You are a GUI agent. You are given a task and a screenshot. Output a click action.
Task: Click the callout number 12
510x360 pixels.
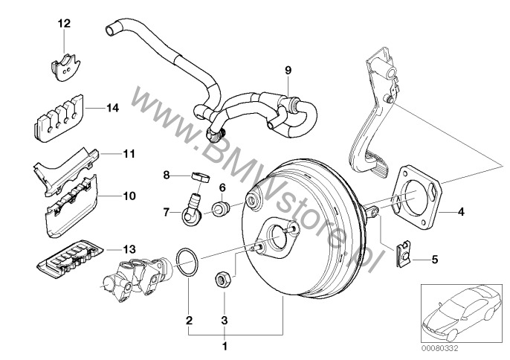coord(64,24)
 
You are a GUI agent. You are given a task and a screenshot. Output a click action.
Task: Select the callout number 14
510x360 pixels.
coord(112,108)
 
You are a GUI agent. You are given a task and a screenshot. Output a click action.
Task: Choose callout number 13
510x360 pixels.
coord(109,249)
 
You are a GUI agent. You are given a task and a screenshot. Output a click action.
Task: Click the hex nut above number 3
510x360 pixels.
coord(221,279)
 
